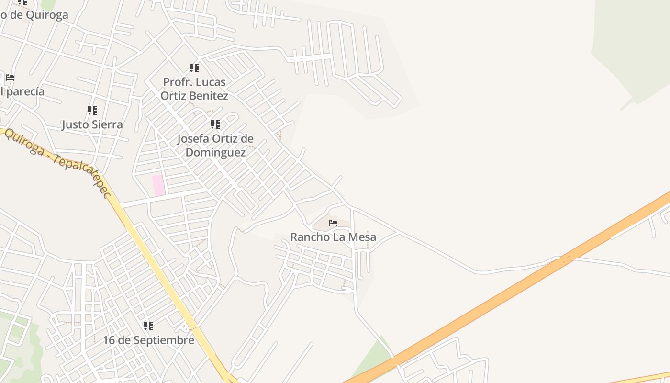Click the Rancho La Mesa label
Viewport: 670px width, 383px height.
pos(333,237)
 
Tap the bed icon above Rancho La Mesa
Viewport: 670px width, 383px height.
pos(333,223)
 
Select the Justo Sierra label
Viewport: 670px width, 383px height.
pos(92,124)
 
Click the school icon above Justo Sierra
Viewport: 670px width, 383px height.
pos(92,111)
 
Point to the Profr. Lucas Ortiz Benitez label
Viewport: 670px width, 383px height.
pos(194,89)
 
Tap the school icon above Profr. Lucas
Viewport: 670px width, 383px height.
pos(194,68)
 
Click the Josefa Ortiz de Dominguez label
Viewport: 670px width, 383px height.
pos(215,145)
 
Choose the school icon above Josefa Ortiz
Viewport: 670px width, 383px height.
pos(215,124)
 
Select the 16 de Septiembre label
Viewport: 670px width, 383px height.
pos(148,340)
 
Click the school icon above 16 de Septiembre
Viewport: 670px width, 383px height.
pos(148,326)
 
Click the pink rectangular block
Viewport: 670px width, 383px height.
pos(158,185)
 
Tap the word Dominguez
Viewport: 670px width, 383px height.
pos(215,152)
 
